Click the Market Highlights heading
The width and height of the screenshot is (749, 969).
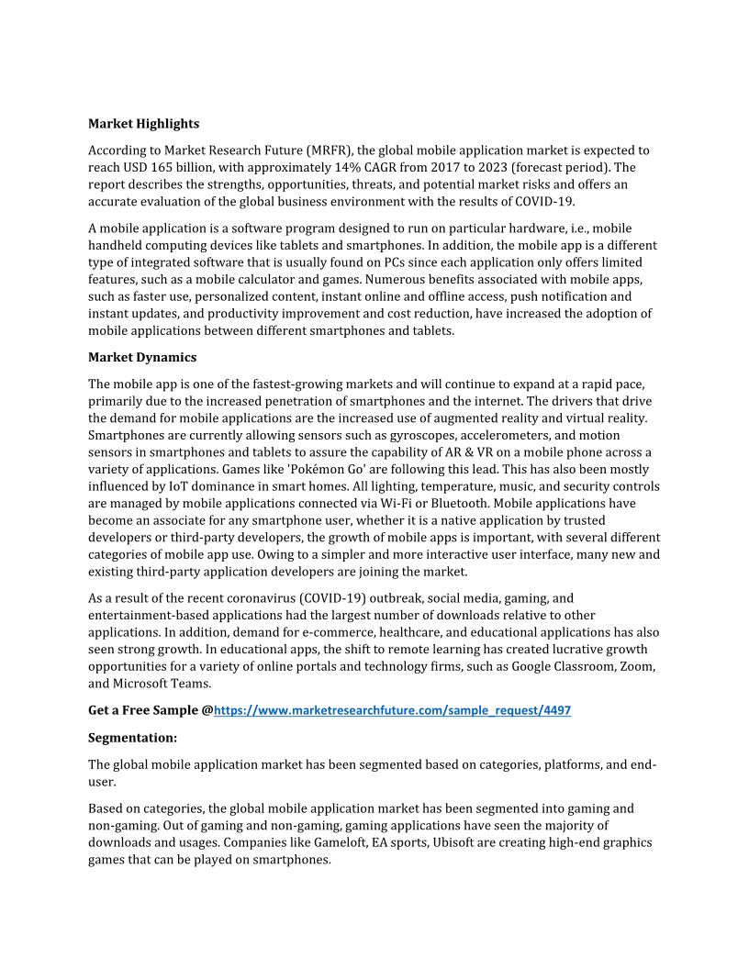point(143,123)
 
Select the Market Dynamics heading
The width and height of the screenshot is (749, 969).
point(142,357)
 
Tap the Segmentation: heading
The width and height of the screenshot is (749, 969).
point(132,737)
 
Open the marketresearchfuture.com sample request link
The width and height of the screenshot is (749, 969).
point(392,710)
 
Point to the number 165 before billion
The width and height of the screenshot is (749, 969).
point(190,167)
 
